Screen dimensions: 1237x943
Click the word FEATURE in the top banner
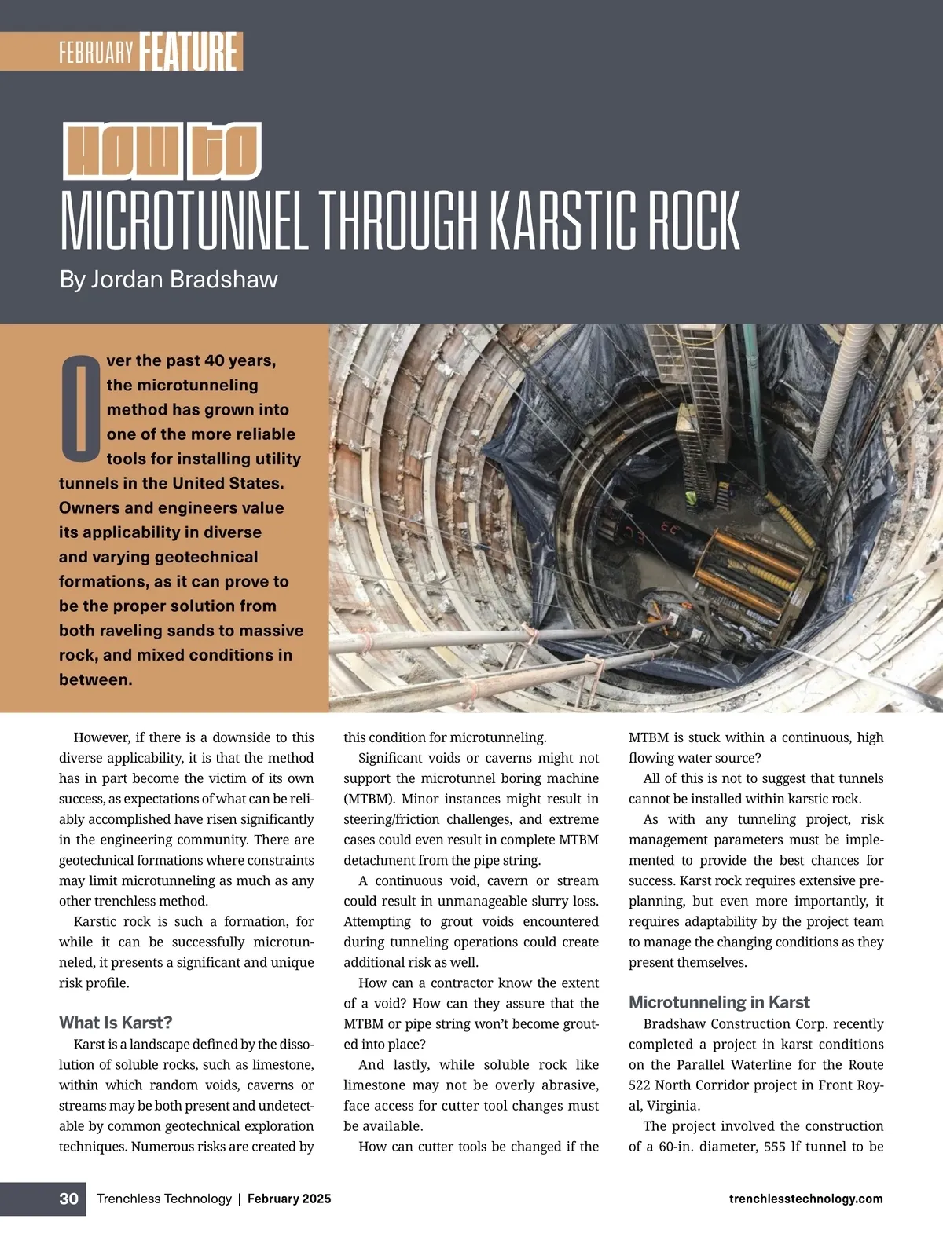pos(189,52)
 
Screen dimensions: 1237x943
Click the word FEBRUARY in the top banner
pos(97,53)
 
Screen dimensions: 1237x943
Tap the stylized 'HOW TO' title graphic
pos(161,151)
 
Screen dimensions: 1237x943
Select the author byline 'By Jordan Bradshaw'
pos(168,280)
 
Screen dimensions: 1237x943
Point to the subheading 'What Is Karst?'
pos(116,1023)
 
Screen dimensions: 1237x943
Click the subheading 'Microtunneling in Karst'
pos(719,1002)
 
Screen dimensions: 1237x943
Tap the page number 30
pos(69,1199)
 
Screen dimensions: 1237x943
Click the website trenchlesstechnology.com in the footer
pos(805,1199)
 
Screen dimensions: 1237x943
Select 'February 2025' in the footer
pos(289,1199)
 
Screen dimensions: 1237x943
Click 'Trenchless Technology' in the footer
pos(164,1199)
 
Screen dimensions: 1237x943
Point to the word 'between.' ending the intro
pos(96,679)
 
